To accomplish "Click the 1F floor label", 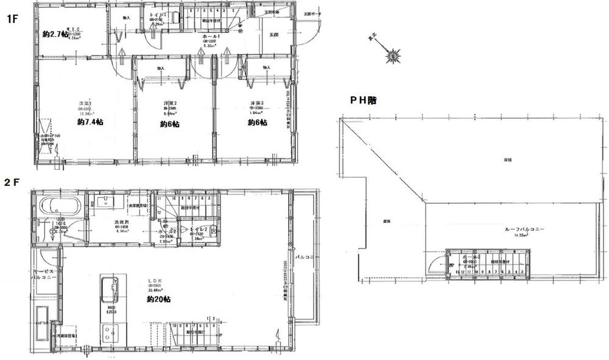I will click(12, 19).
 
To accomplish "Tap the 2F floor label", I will click(13, 181).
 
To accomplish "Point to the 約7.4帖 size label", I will click(90, 122).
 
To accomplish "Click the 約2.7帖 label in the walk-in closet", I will click(57, 35).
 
